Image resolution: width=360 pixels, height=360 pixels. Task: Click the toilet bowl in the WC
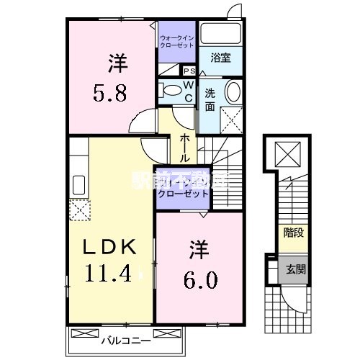click(x=170, y=91)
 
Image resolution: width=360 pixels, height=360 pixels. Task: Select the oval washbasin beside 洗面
click(x=233, y=93)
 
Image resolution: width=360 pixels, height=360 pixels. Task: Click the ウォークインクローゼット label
click(x=176, y=41)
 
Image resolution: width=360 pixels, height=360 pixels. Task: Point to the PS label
click(x=189, y=71)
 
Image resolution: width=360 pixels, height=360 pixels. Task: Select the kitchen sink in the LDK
click(x=78, y=186)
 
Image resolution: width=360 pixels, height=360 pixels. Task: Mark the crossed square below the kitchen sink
click(x=78, y=210)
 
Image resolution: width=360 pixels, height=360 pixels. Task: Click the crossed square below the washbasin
click(x=232, y=118)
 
